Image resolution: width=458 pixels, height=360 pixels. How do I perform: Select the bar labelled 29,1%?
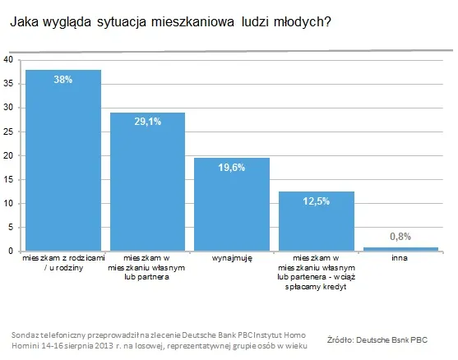click(x=148, y=185)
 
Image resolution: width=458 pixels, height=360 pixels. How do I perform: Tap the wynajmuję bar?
click(x=232, y=205)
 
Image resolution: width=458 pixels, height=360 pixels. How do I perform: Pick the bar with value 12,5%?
click(x=317, y=222)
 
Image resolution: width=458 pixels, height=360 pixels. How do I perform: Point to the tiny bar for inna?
click(x=401, y=248)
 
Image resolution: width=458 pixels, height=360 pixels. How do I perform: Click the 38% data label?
click(x=63, y=81)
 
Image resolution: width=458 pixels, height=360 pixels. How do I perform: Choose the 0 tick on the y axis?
click(x=10, y=251)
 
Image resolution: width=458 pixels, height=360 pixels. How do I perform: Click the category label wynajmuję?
click(x=232, y=259)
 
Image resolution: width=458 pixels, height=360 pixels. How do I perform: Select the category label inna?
click(x=401, y=259)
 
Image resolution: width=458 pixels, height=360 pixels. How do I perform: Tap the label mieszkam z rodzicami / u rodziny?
click(x=63, y=263)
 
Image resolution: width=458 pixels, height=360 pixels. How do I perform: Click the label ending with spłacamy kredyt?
click(x=317, y=268)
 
